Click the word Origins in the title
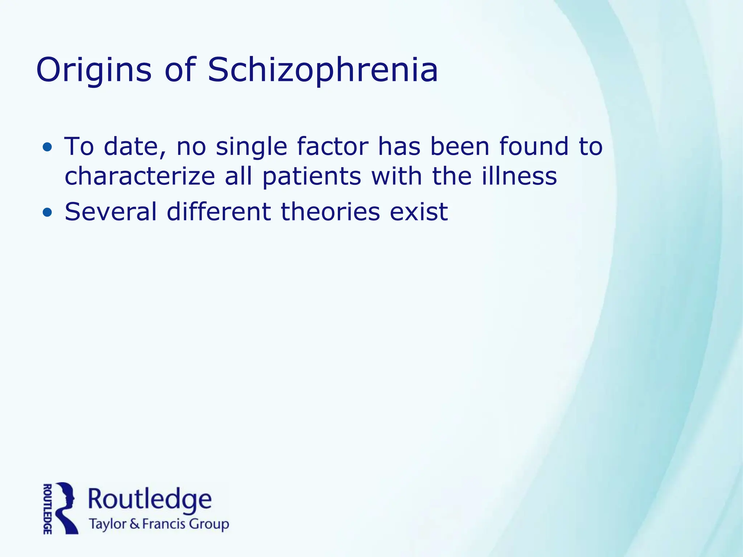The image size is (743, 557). [x=94, y=71]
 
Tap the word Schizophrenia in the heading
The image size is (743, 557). [x=323, y=71]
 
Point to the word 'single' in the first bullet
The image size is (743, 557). [x=251, y=147]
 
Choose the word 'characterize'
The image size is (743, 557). [x=140, y=176]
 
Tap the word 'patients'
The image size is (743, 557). [x=312, y=176]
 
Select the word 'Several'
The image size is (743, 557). [x=111, y=212]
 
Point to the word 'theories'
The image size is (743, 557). [x=330, y=212]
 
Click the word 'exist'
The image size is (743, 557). [x=419, y=212]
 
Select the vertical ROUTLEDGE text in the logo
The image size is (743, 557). [x=47, y=508]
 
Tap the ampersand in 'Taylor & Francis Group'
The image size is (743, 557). [x=134, y=525]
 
